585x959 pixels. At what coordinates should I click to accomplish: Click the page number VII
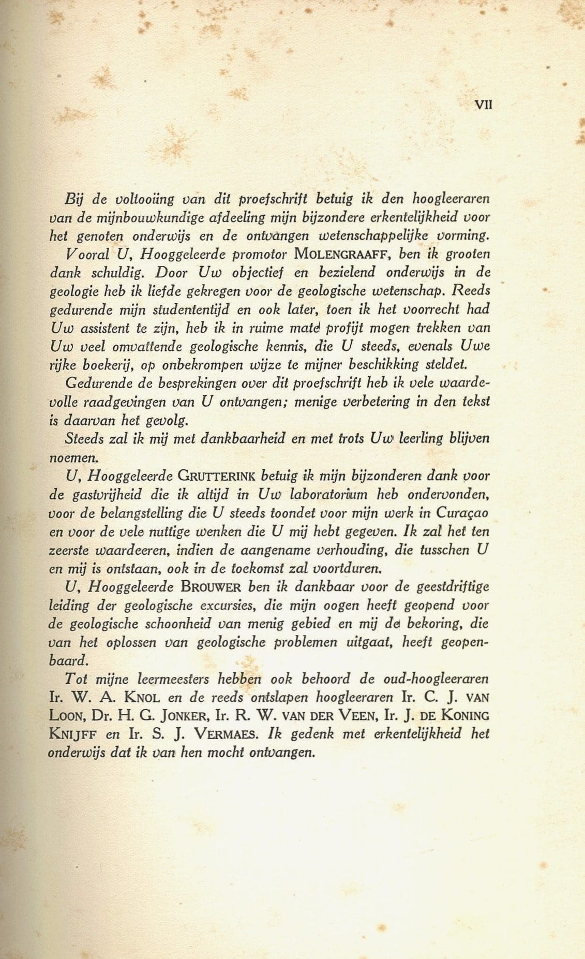[483, 105]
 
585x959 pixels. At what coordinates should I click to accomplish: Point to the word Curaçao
[462, 513]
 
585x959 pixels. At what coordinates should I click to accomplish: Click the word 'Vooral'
[83, 254]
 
